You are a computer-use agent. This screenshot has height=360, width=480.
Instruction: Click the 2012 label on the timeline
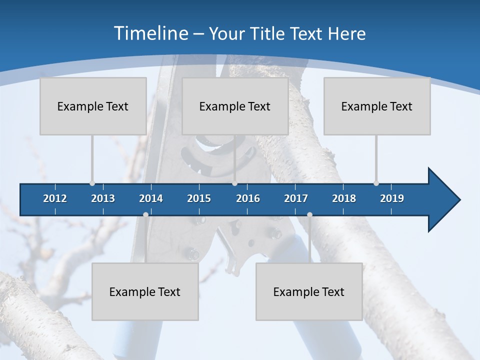tap(55, 198)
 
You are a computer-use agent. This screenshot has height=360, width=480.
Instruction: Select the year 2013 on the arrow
tap(103, 198)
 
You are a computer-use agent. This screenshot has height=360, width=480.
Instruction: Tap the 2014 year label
tap(151, 198)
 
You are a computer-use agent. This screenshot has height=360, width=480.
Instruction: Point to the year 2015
tap(199, 198)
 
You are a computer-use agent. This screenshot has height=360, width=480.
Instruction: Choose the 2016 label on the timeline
tap(248, 198)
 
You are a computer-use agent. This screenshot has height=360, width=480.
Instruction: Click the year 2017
tap(296, 198)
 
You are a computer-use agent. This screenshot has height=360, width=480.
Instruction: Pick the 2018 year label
tap(344, 198)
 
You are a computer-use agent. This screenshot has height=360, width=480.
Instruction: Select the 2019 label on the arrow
tap(392, 198)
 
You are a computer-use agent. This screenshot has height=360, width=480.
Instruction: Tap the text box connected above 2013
tap(93, 106)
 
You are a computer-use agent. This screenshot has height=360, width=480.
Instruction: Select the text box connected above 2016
tap(235, 106)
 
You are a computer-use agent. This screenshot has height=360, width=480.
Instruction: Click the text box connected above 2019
tap(377, 106)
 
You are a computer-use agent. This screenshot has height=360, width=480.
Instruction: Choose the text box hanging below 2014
tap(145, 291)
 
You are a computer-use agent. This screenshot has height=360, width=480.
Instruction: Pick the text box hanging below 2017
tap(309, 291)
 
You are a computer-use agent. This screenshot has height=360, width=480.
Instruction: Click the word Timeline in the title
tap(150, 33)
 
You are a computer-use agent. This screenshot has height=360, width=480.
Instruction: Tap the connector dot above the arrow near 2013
tap(92, 183)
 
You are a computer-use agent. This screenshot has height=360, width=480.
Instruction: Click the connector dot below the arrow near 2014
tap(145, 214)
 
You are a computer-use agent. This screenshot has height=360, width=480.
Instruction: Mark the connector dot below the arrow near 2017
tap(309, 214)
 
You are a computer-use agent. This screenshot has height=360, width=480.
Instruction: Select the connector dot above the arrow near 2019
tap(376, 183)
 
